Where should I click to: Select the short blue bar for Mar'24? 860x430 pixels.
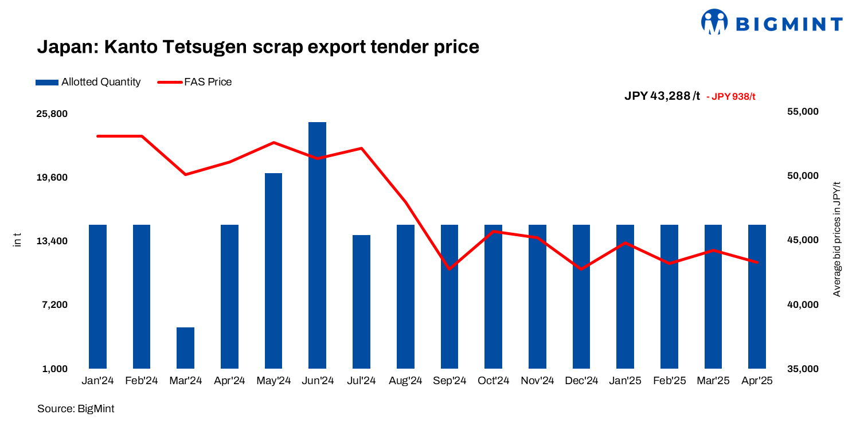[x=185, y=347]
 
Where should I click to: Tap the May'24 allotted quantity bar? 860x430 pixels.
[x=273, y=270]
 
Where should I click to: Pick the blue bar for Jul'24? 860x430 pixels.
[x=361, y=301]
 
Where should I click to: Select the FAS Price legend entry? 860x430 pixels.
[x=194, y=82]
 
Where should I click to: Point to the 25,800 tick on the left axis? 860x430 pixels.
[x=52, y=114]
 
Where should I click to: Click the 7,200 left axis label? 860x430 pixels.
[x=55, y=304]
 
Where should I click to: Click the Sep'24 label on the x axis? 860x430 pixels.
[x=449, y=381]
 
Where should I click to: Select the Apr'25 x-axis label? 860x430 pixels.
[x=757, y=381]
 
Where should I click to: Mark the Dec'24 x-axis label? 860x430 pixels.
[x=581, y=381]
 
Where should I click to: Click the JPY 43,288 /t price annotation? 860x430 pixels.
[x=662, y=96]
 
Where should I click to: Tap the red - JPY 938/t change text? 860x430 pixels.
[x=731, y=96]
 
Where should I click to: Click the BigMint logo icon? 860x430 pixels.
[x=714, y=22]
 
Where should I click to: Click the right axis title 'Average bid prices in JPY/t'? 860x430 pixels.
[x=836, y=239]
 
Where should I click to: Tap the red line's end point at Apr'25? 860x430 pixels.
[x=757, y=262]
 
